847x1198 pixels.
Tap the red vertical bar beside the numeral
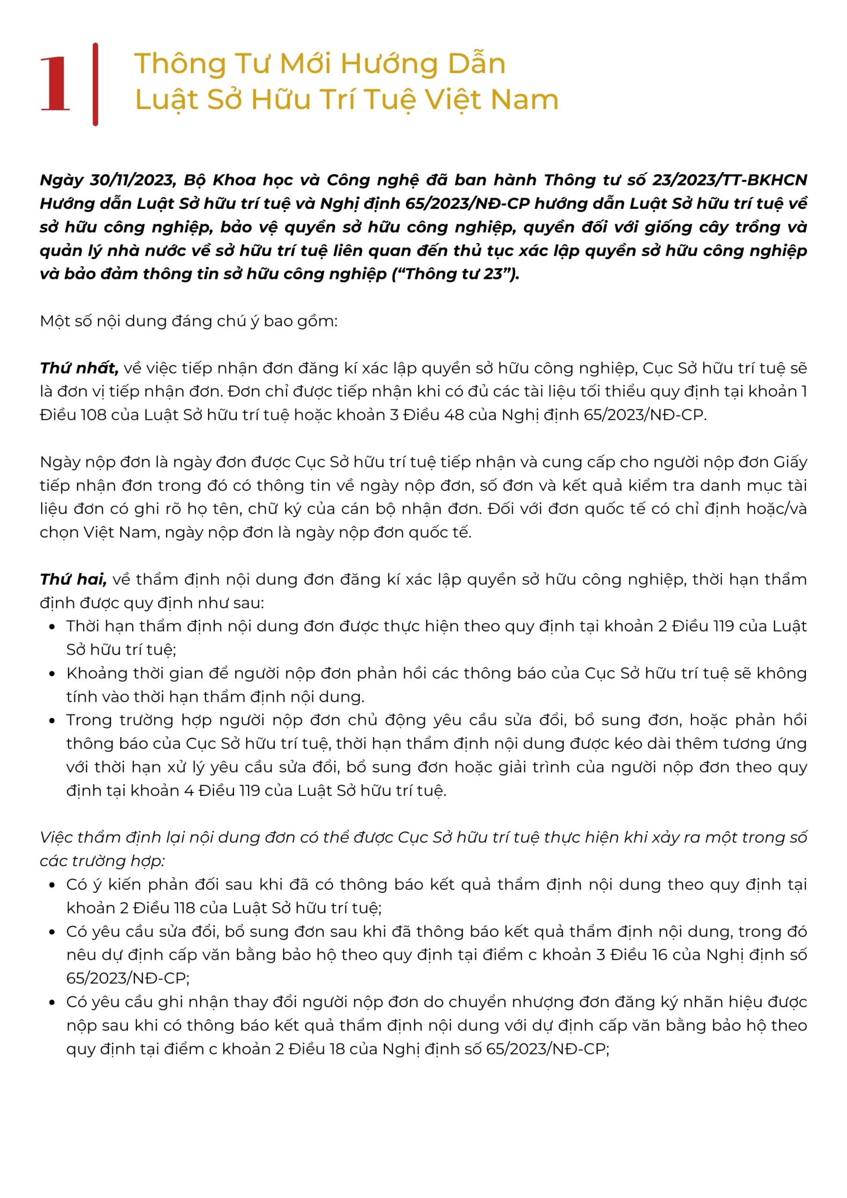click(95, 84)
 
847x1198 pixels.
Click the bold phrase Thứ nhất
click(79, 368)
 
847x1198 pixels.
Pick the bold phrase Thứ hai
click(73, 580)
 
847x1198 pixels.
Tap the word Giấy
click(790, 462)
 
